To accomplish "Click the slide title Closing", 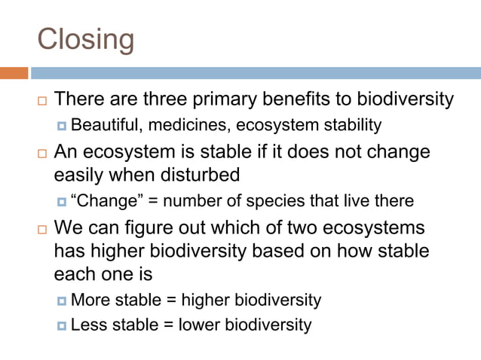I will [x=86, y=38].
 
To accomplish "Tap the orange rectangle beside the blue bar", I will [x=14, y=73].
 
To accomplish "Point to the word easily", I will [x=80, y=175].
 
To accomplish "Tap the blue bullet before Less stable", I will [x=62, y=326].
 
